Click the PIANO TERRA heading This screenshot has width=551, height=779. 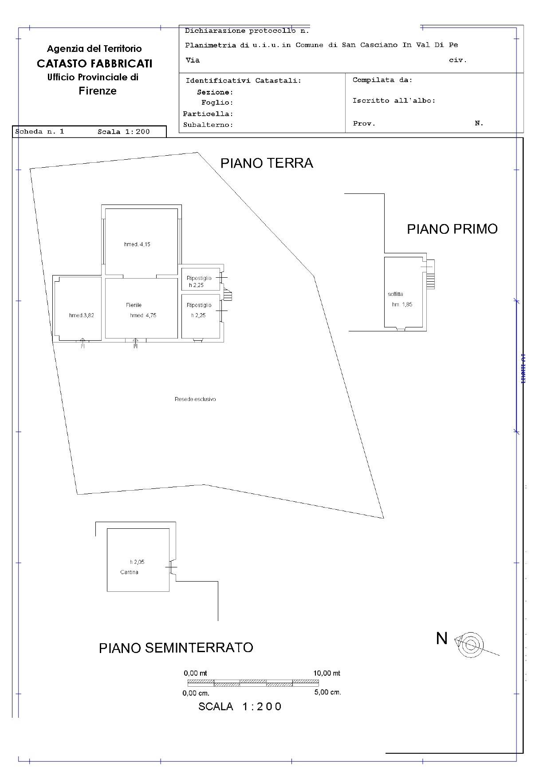pos(267,163)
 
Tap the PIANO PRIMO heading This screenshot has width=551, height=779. pos(452,229)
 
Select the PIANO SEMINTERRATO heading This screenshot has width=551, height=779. pos(176,648)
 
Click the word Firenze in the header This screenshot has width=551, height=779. pos(98,91)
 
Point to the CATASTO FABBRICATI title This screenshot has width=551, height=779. pos(94,63)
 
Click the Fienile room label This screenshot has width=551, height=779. pos(134,305)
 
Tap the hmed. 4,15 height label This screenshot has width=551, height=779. pos(137,244)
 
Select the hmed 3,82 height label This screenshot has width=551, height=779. pos(82,315)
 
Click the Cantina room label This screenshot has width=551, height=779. pos(129,572)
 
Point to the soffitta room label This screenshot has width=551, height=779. pos(395,294)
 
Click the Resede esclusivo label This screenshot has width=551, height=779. pos(195,399)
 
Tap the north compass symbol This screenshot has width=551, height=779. pos(471,645)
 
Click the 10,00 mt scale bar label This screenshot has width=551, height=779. pos(327,673)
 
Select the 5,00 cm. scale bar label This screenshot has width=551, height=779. pos(327,692)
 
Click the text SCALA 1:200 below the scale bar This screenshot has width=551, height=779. pos(240,707)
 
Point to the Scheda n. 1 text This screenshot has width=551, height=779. pos(39,132)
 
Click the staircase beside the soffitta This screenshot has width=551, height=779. pos(430,275)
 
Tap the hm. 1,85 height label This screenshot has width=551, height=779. pos(402,305)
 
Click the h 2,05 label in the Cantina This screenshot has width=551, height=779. pos(137,562)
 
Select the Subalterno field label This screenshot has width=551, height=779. pos(208,125)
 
